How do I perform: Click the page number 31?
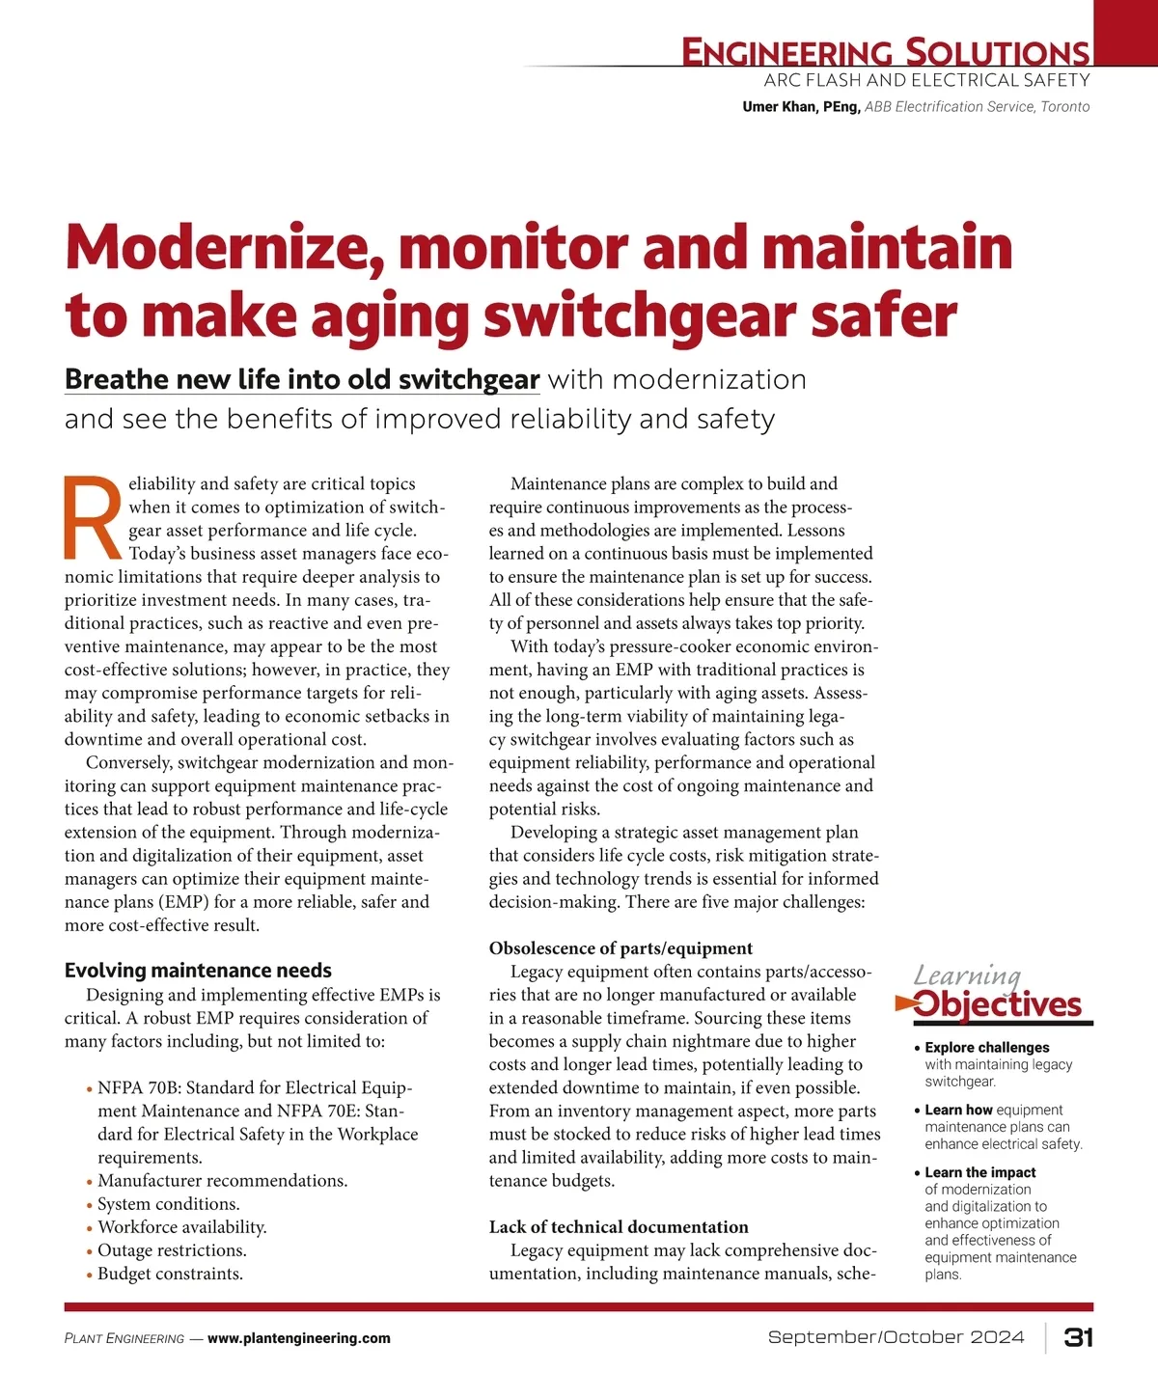tap(1078, 1337)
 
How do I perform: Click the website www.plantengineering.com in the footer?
tap(299, 1338)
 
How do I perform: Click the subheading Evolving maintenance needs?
tap(198, 971)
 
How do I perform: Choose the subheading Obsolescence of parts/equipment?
tap(620, 948)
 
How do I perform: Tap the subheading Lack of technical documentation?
tap(619, 1227)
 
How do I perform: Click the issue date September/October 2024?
tap(896, 1337)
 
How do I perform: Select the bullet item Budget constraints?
tap(170, 1274)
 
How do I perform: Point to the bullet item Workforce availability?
tap(181, 1227)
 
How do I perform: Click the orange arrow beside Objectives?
tap(905, 1004)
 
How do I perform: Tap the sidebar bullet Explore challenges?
tap(986, 1048)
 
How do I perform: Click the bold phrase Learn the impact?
tap(979, 1172)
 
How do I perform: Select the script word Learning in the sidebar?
tap(966, 975)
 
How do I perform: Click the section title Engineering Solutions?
tap(885, 52)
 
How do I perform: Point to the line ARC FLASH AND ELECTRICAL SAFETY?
tap(926, 81)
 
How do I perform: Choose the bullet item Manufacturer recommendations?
tap(222, 1181)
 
